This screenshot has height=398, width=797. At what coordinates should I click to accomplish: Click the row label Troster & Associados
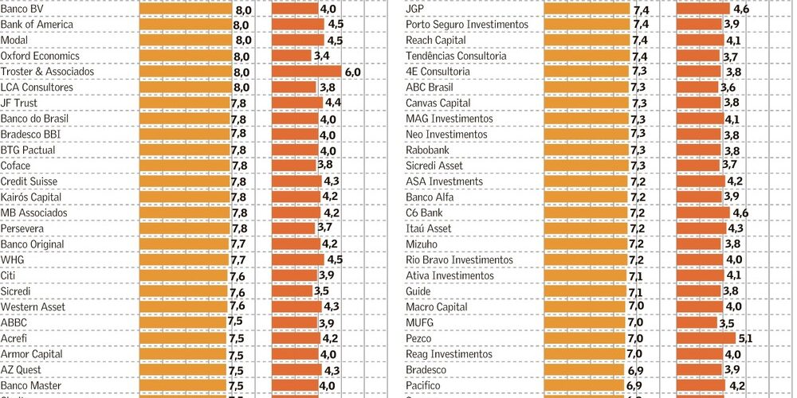pyautogui.click(x=47, y=72)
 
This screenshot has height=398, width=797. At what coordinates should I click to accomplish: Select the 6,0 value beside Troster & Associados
pyautogui.click(x=352, y=72)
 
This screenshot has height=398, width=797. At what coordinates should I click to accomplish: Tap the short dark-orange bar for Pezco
pyautogui.click(x=706, y=338)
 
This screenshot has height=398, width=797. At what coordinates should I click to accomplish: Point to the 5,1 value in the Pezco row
pyautogui.click(x=745, y=338)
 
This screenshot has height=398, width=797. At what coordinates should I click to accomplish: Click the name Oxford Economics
pyautogui.click(x=40, y=57)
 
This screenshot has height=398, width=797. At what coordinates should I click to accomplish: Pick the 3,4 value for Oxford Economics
pyautogui.click(x=322, y=57)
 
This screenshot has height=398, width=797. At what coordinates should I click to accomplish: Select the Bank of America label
pyautogui.click(x=37, y=25)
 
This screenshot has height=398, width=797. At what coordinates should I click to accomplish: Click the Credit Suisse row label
pyautogui.click(x=29, y=181)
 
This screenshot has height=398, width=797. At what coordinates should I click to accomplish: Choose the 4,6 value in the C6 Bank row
pyautogui.click(x=740, y=213)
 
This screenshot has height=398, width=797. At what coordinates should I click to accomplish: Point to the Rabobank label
pyautogui.click(x=427, y=150)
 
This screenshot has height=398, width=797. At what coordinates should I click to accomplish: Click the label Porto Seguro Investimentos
pyautogui.click(x=467, y=25)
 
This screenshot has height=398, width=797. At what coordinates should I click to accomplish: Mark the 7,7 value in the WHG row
pyautogui.click(x=238, y=260)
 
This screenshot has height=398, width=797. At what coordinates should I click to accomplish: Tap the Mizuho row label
pyautogui.click(x=422, y=244)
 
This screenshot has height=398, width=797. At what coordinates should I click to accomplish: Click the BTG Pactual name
pyautogui.click(x=28, y=150)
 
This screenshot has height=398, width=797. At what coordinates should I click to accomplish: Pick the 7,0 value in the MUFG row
pyautogui.click(x=634, y=322)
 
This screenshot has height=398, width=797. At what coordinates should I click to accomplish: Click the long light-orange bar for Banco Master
pyautogui.click(x=183, y=385)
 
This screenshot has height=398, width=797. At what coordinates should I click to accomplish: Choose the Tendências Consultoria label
pyautogui.click(x=455, y=57)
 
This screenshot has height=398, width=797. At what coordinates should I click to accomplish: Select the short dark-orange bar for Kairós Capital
pyautogui.click(x=296, y=197)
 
